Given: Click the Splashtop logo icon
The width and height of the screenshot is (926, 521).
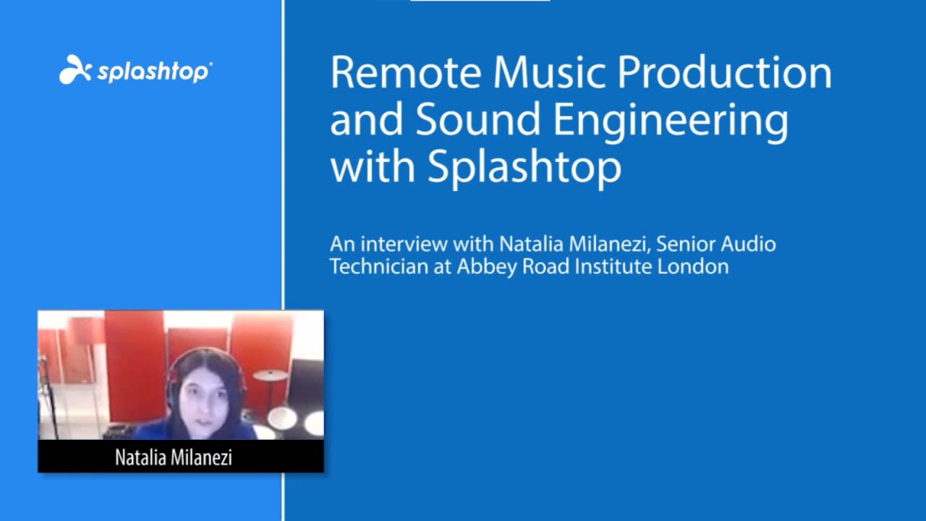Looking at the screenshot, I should coord(75,70).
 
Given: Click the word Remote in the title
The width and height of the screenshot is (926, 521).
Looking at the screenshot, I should coord(405,73).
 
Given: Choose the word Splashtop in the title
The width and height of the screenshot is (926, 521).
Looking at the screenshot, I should coord(524,166).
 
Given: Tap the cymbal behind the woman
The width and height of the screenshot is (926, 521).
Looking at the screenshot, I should coord(270,375).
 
